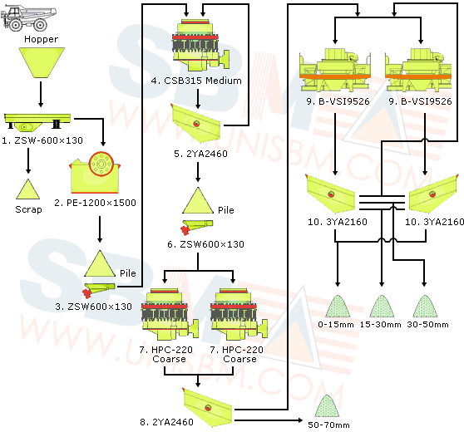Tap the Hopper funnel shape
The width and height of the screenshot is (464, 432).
point(42,62)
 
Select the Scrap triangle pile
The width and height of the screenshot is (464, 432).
point(27,189)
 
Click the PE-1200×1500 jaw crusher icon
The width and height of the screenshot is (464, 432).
point(95,173)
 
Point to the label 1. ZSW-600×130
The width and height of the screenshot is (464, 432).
point(42,140)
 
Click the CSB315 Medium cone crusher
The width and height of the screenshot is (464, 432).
point(201,45)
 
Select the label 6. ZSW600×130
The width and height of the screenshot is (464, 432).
point(205,244)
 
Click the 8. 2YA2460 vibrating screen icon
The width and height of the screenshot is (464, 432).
point(207,407)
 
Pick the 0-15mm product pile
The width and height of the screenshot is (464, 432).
point(338,307)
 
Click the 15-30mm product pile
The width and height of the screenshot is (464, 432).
point(382,307)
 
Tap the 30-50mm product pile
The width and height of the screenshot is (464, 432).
point(425,307)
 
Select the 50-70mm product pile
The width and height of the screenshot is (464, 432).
point(328,405)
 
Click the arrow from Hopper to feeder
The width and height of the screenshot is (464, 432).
point(41,95)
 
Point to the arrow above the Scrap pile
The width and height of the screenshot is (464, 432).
point(28,160)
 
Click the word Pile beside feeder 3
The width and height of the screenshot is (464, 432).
point(128,273)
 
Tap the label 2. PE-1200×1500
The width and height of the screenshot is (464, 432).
point(95,203)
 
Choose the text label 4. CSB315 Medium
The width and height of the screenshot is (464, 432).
point(196,81)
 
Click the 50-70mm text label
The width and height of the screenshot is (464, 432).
point(328,425)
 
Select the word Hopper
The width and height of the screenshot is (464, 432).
point(41,39)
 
